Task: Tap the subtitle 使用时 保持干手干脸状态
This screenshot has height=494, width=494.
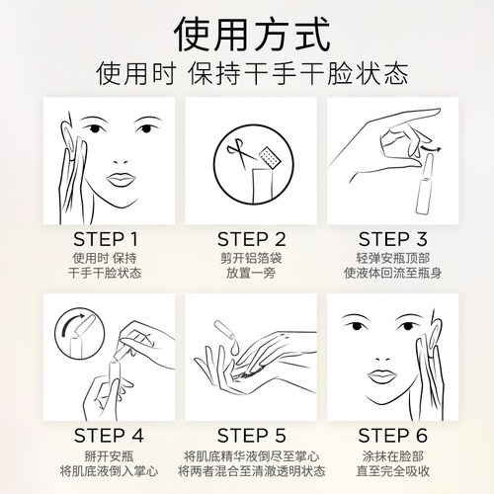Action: (247, 74)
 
